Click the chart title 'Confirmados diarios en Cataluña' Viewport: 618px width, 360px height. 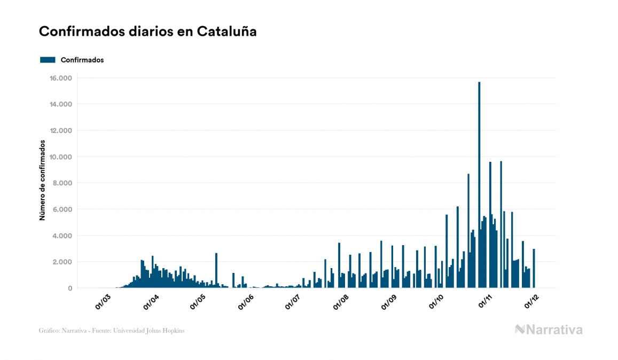click(148, 32)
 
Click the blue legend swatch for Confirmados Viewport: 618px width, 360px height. click(48, 60)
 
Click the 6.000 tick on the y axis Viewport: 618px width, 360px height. click(61, 209)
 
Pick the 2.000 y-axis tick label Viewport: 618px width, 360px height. click(61, 262)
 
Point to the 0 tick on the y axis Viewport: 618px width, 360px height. click(69, 288)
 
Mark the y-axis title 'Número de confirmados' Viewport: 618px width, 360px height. click(42, 181)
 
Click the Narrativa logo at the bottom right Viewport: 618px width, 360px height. click(549, 330)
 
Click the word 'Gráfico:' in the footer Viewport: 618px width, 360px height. click(49, 331)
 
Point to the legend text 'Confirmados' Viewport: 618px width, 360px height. click(82, 60)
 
